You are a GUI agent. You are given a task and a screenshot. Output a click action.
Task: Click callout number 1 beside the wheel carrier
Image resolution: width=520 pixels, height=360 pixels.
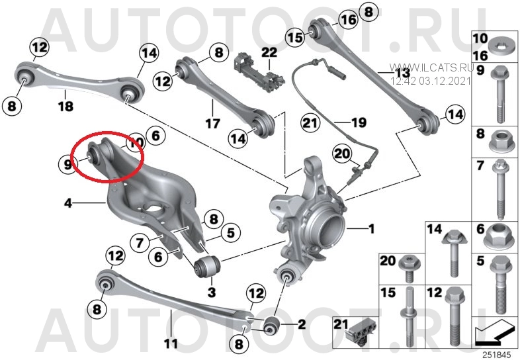pos(371,228)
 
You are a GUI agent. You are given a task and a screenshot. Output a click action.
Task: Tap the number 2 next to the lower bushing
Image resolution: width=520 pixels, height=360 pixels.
pos(302,324)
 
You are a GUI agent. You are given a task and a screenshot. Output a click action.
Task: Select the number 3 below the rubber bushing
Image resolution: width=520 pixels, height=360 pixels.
pos(212,292)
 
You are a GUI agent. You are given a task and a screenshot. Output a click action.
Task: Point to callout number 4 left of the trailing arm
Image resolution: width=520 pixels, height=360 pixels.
pos(68,202)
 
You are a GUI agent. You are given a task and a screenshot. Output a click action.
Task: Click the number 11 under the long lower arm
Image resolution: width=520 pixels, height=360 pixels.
pos(171,343)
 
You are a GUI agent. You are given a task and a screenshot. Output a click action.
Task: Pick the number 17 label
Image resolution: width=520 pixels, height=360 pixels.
pos(212,124)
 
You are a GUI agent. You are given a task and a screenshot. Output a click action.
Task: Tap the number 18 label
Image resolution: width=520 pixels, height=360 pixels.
pos(65,106)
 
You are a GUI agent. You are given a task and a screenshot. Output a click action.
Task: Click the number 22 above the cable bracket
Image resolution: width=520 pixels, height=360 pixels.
pos(269,52)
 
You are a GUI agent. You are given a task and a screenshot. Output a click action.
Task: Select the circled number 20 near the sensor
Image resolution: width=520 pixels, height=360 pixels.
pos(343,154)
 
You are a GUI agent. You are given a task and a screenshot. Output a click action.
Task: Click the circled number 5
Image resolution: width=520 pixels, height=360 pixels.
pos(231,232)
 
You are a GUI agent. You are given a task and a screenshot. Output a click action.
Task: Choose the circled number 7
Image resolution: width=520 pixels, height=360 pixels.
pos(140,243)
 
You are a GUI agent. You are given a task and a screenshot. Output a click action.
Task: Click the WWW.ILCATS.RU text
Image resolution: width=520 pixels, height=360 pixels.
pos(432,67)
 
